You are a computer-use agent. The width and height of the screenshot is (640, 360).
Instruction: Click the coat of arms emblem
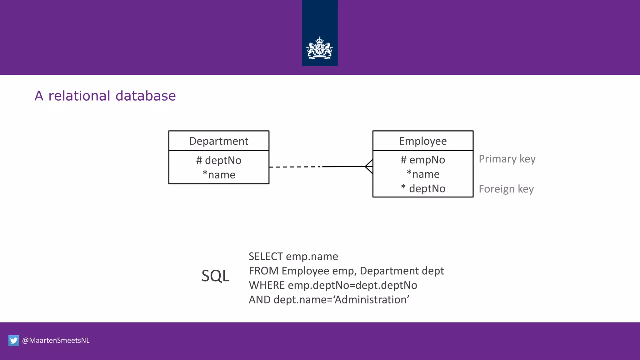click(319, 48)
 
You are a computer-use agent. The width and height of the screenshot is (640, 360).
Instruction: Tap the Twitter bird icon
click(13, 340)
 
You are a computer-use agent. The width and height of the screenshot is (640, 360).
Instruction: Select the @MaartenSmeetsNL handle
click(56, 340)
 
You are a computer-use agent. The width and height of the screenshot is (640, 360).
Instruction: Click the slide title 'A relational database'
click(105, 96)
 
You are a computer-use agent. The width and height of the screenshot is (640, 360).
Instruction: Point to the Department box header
click(219, 141)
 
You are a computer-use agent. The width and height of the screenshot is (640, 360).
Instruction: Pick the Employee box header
click(423, 141)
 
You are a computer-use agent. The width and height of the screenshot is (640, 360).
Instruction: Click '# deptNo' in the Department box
click(219, 160)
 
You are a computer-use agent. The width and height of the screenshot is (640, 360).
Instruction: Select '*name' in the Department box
click(219, 175)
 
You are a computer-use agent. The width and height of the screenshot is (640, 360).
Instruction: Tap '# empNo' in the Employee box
click(423, 160)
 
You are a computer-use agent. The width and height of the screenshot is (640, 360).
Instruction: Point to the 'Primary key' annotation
click(507, 159)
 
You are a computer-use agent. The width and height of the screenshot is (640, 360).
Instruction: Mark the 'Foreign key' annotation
click(506, 189)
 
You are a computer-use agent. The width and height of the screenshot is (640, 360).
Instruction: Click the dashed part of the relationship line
click(295, 167)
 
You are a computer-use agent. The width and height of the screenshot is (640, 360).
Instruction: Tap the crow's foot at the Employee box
click(369, 167)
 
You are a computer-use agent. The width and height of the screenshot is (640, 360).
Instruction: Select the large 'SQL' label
click(215, 276)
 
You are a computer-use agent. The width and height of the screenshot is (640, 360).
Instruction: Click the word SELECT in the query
click(266, 257)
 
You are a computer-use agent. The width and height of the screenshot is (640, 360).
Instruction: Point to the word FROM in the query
click(263, 271)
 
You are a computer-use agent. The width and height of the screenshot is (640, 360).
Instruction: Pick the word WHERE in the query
click(267, 285)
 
